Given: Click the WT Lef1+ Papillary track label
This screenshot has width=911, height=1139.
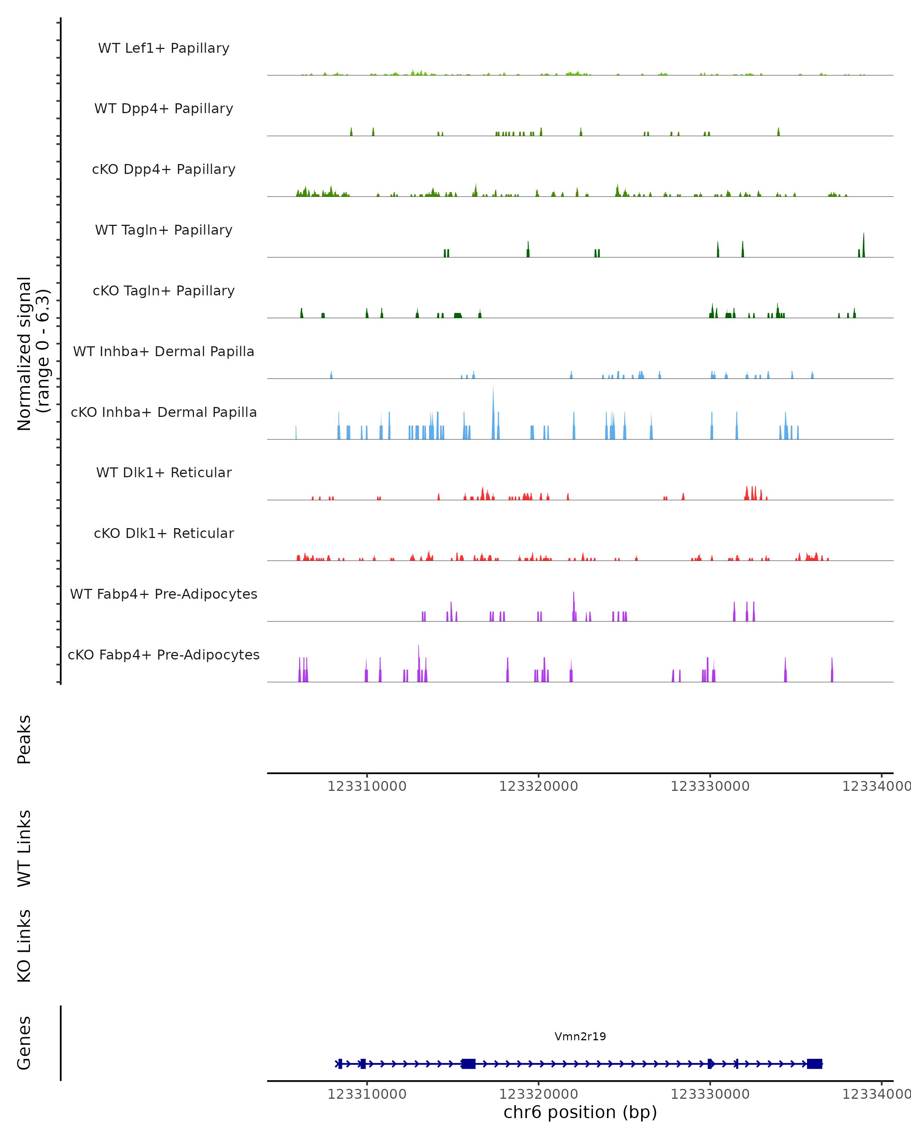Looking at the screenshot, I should pyautogui.click(x=164, y=48).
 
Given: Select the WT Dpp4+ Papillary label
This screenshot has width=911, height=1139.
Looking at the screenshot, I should pyautogui.click(x=164, y=109).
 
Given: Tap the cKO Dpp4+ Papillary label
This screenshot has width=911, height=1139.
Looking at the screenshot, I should pyautogui.click(x=164, y=170).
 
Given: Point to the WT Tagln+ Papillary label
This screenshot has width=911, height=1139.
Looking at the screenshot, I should pyautogui.click(x=164, y=230).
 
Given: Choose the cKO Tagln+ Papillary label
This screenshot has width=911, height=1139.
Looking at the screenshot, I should pyautogui.click(x=164, y=291).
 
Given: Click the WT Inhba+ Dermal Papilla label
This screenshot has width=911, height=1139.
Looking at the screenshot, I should pyautogui.click(x=164, y=352).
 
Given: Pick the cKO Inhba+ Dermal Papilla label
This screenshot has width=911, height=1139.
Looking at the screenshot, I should pyautogui.click(x=164, y=413).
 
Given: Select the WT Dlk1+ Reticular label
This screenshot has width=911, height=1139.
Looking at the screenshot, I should pyautogui.click(x=164, y=473).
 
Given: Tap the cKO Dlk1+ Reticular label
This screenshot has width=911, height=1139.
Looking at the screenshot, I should pyautogui.click(x=164, y=533).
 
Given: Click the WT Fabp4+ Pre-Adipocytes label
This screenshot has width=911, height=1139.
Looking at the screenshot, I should pyautogui.click(x=164, y=594).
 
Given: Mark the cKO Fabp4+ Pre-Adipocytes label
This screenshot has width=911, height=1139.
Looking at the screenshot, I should pyautogui.click(x=164, y=655).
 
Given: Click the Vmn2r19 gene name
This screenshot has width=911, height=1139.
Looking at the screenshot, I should pyautogui.click(x=580, y=1036).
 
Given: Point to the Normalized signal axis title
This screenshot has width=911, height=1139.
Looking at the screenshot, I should pyautogui.click(x=33, y=353).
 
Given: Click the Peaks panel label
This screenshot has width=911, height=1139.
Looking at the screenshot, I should pyautogui.click(x=24, y=740).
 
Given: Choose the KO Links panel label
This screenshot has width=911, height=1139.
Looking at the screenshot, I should pyautogui.click(x=24, y=946).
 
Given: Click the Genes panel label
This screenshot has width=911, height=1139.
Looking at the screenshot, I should pyautogui.click(x=24, y=1043).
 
